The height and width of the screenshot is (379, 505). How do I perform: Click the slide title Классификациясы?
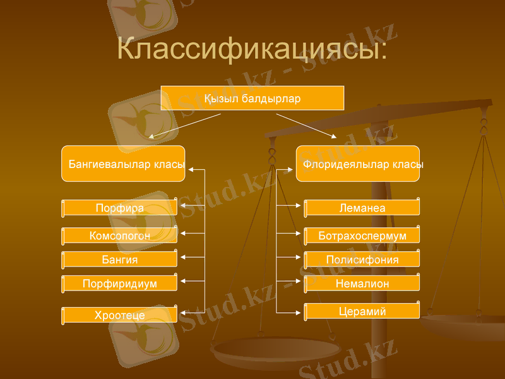252,50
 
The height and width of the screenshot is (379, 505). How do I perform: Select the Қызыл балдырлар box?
252,99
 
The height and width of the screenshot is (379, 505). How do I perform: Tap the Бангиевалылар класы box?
123,164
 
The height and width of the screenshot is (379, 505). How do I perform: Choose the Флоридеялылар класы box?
358,164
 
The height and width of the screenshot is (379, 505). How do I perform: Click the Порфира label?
119,208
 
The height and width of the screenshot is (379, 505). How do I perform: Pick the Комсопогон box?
119,236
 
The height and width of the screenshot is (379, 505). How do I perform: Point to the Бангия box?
119,260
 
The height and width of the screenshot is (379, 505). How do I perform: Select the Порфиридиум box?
119,284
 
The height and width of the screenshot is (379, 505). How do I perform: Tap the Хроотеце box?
119,315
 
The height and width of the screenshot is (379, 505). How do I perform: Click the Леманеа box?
362,208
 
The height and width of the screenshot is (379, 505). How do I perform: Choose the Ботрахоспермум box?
362,236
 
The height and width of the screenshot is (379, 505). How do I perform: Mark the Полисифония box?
362,260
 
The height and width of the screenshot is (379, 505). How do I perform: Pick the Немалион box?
362,284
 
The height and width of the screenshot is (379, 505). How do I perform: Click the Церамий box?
362,311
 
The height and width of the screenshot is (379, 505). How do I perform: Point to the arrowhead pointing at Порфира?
183,206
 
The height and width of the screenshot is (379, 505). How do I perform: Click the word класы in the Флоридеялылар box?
408,164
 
